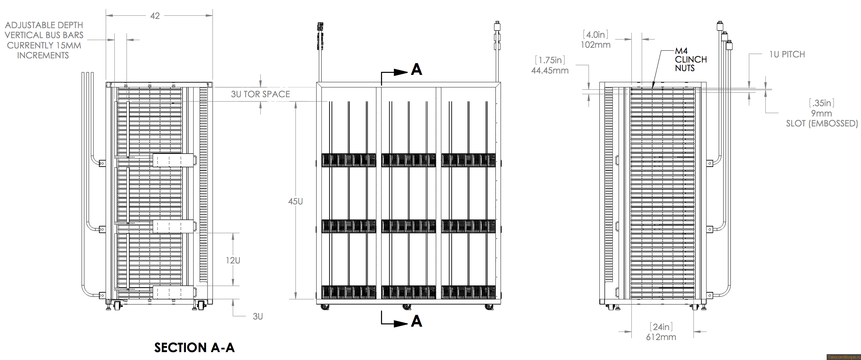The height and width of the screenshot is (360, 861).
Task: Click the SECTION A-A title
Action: (194, 348)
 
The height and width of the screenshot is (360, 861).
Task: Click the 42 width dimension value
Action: (155, 16)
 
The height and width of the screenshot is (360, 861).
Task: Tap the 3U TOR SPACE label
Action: (260, 94)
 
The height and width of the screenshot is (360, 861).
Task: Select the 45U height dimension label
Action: (295, 201)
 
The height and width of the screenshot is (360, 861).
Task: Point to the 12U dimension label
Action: (233, 260)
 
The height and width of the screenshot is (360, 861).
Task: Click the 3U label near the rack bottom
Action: (258, 316)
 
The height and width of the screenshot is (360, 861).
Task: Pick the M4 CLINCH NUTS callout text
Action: (691, 59)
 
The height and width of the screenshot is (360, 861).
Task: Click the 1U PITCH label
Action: (787, 54)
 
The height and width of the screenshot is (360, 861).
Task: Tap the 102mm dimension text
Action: (595, 45)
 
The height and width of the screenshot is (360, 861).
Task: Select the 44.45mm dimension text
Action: (550, 70)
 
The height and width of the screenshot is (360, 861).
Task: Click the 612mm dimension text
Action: (661, 337)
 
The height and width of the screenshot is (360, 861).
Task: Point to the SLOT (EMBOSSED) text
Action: (822, 123)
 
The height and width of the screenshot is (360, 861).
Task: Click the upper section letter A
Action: (416, 69)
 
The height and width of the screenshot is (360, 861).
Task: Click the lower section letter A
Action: (416, 321)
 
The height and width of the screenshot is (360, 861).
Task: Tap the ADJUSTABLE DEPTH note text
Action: (44, 25)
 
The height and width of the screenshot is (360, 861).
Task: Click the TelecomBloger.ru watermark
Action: (843, 357)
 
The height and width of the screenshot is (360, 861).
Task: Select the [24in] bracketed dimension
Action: (661, 327)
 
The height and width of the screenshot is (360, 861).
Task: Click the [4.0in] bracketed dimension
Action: (595, 34)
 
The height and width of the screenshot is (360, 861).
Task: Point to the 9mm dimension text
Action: (821, 113)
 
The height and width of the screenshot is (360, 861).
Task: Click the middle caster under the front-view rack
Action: (407, 307)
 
